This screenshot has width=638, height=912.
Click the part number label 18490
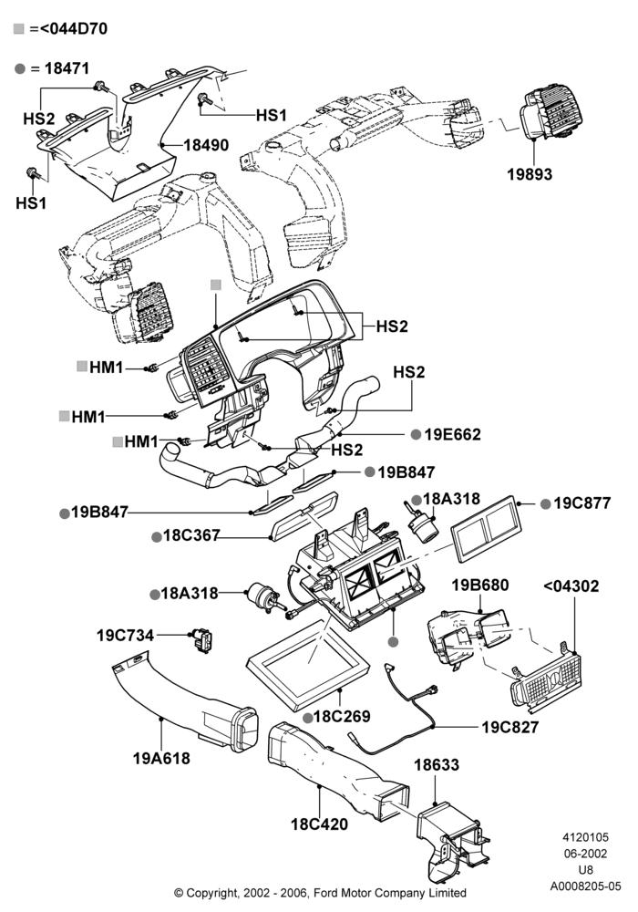coord(206,145)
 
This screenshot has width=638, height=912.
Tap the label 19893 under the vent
coord(530,174)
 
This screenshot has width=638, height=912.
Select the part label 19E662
coord(453,434)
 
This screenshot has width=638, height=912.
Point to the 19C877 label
coord(582,503)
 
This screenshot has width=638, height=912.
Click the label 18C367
coord(191,535)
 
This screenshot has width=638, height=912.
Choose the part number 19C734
coord(125,635)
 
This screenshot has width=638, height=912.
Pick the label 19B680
coord(480,586)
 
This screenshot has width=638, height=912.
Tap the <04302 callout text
coord(571,586)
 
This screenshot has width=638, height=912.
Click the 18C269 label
coord(342,716)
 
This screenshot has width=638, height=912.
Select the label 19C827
coord(510,727)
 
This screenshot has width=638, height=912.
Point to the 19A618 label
coord(161,759)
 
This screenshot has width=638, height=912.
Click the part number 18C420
coord(320,824)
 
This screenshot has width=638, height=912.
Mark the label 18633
coord(437,765)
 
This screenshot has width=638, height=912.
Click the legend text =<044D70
coord(68,28)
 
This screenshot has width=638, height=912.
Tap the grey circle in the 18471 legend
coord(20,68)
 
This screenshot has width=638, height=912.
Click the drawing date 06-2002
coord(585,854)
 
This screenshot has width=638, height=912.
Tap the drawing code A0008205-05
coord(586,886)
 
